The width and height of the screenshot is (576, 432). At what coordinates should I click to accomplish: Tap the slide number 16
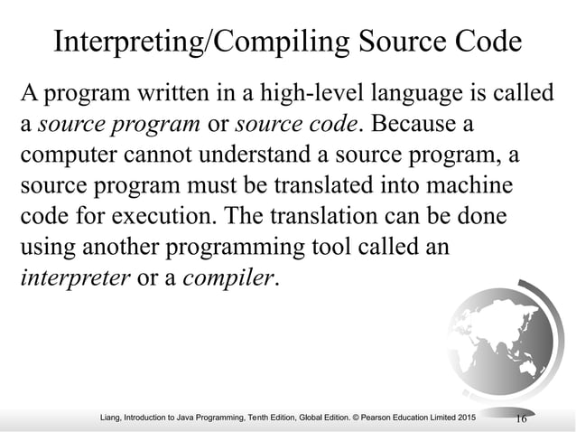pos(520,418)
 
